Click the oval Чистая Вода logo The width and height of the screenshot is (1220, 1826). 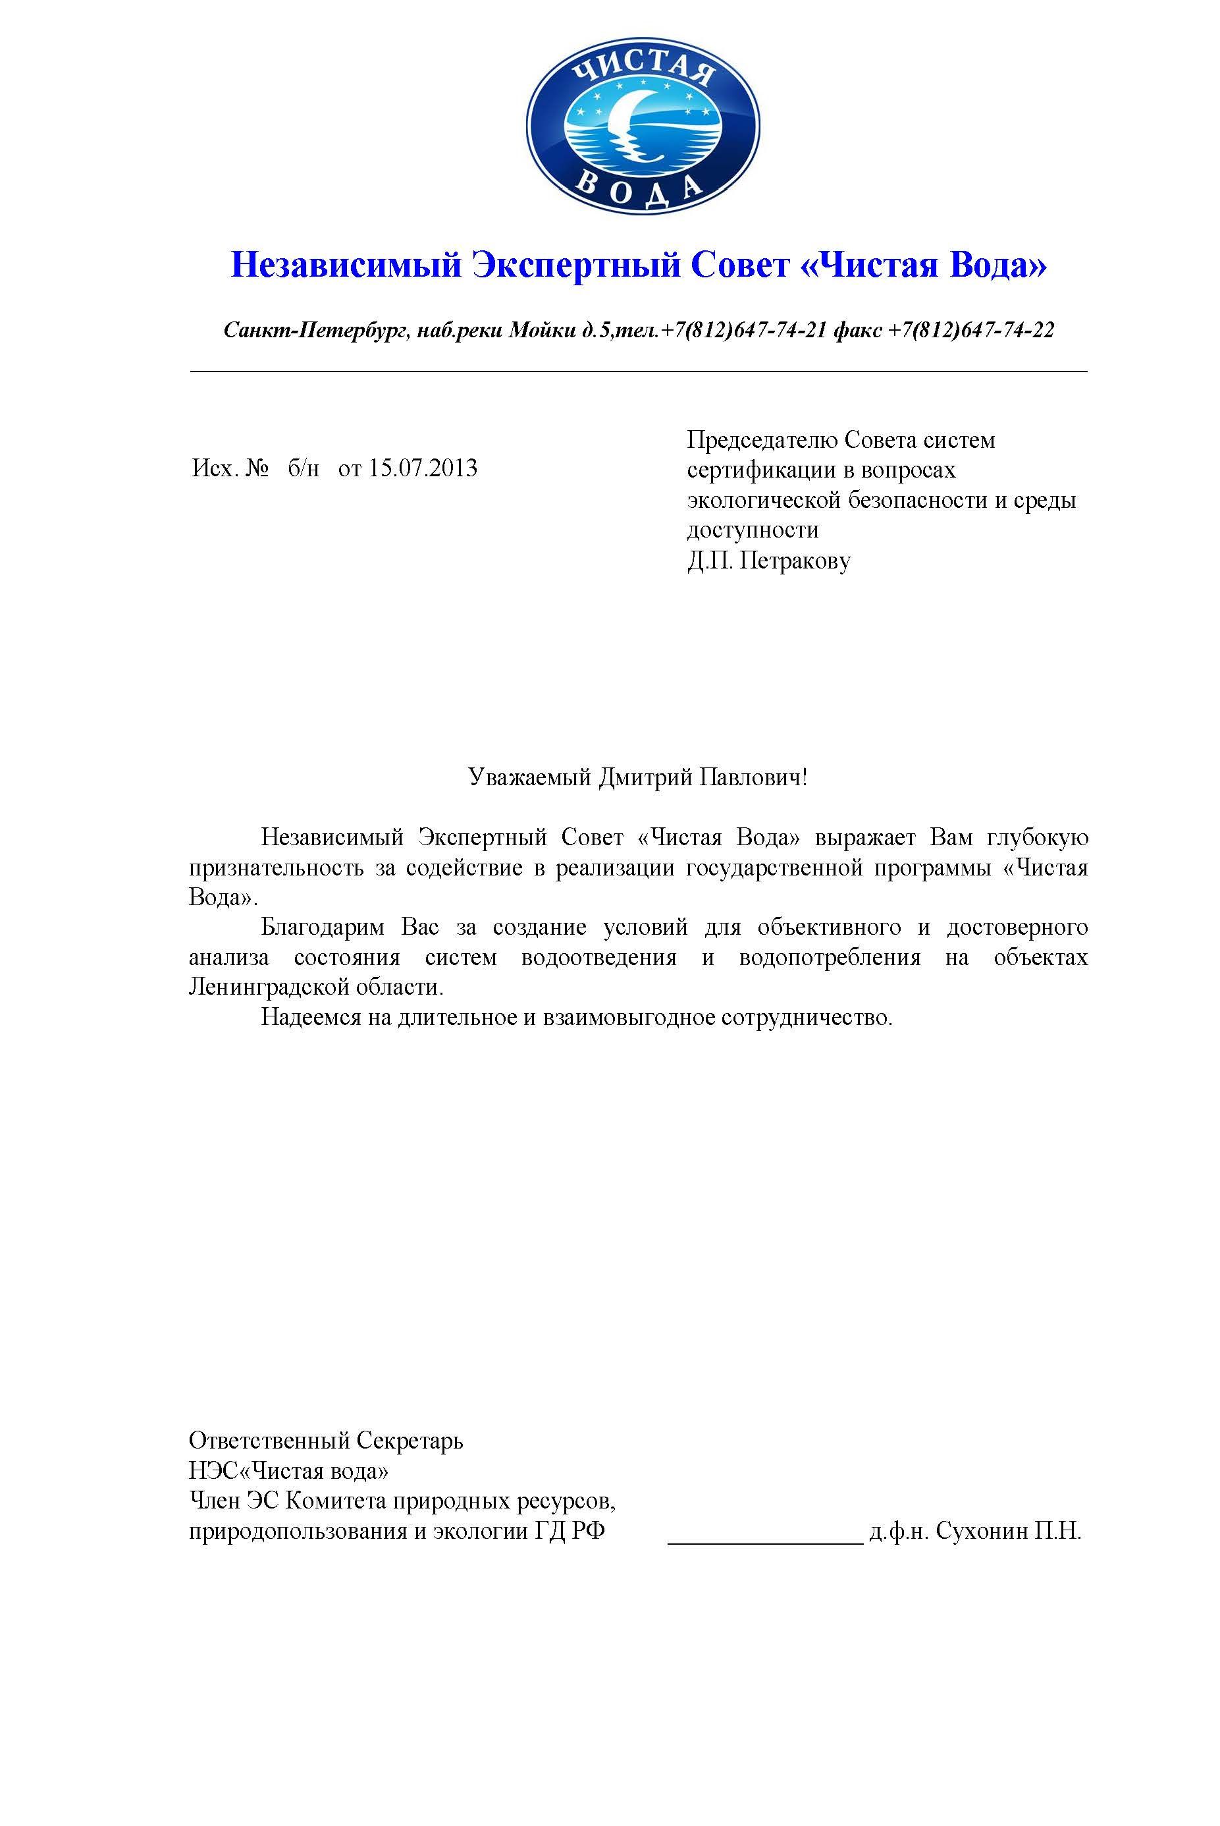(x=643, y=127)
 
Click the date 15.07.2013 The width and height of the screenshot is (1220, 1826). (x=423, y=468)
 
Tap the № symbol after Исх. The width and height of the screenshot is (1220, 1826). (x=257, y=468)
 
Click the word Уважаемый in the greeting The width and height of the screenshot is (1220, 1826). (x=530, y=777)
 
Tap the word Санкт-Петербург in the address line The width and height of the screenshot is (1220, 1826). (x=315, y=331)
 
